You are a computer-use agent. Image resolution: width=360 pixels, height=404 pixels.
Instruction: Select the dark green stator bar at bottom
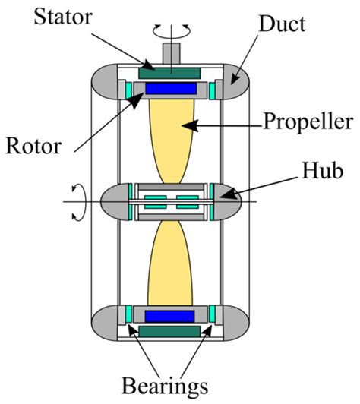point(170,331)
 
